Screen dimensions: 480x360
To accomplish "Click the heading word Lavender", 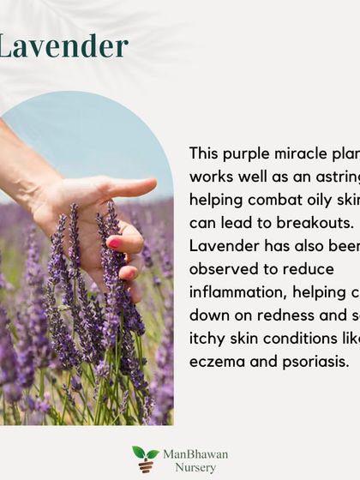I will tap(63, 46).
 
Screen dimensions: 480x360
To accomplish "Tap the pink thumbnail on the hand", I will tap(114, 243).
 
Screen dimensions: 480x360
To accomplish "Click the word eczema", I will tap(217, 361).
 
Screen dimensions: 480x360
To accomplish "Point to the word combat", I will tap(273, 199).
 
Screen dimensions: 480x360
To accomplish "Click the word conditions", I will tap(300, 338).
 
